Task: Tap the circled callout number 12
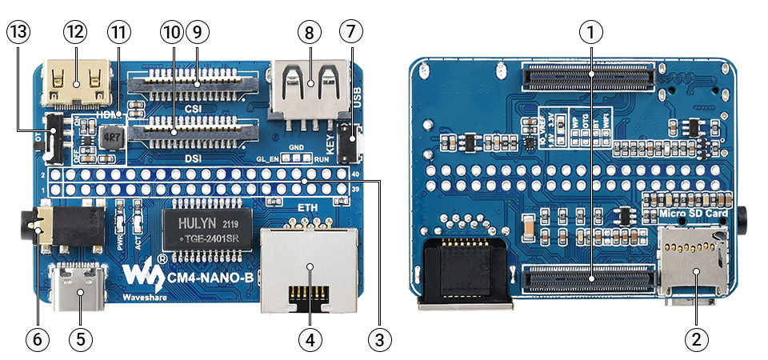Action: (76, 33)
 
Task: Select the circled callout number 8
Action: (308, 33)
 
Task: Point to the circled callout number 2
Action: (696, 338)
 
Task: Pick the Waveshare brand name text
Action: (144, 298)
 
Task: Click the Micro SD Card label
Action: (692, 214)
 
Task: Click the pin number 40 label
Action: (355, 173)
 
